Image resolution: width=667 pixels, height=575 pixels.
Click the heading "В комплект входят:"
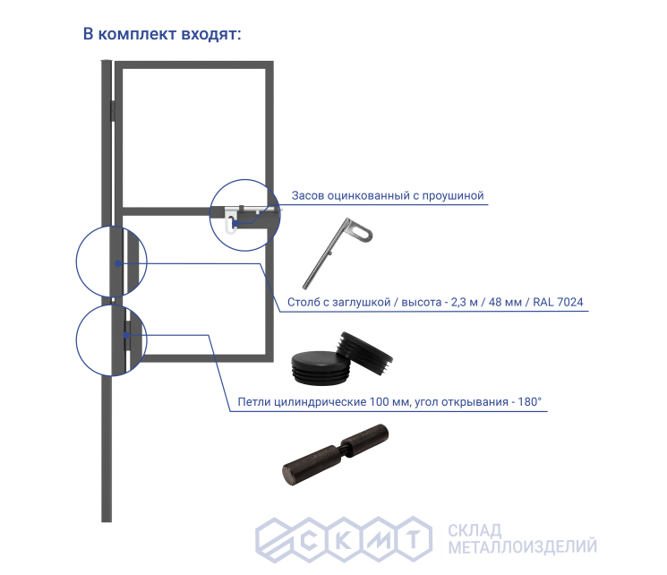(162, 35)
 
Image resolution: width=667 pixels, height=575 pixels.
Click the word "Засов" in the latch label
(310, 195)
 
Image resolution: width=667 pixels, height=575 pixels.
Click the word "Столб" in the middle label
(307, 302)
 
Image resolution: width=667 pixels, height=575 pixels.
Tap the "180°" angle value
(526, 402)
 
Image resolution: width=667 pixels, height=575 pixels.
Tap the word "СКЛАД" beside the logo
(474, 528)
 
